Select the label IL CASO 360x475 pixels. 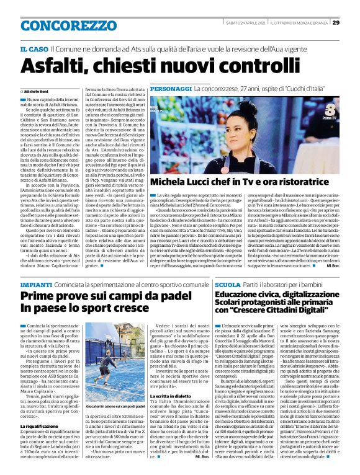[x=34, y=48]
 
